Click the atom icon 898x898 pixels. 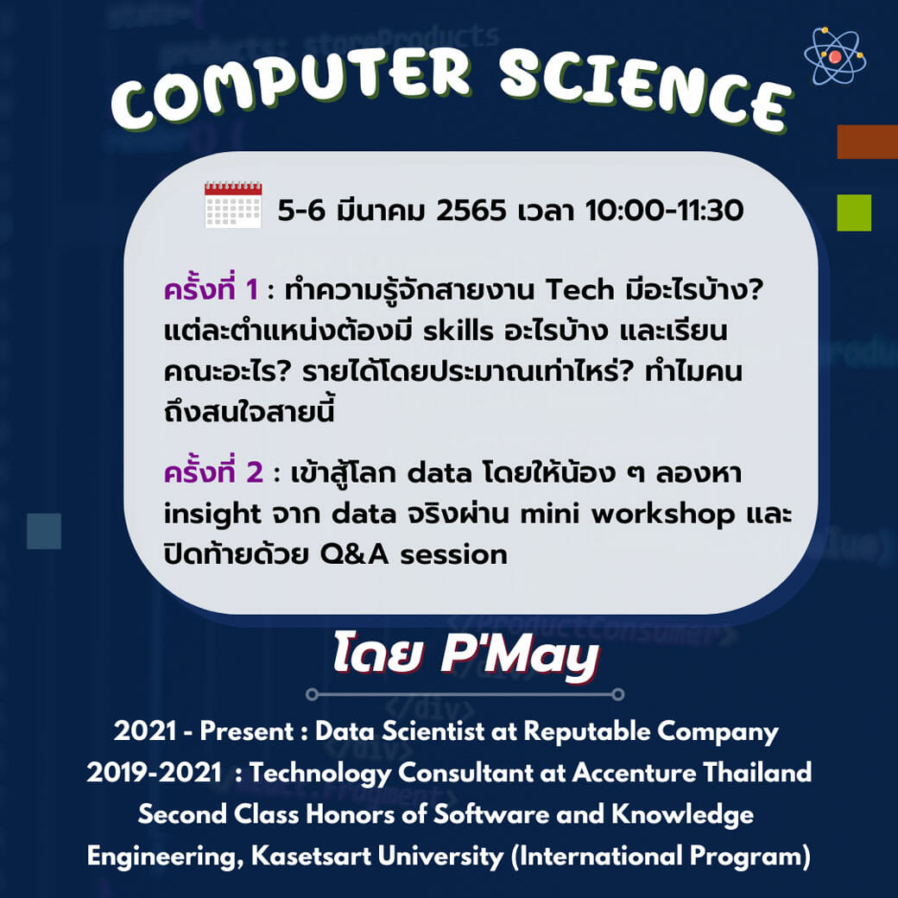coord(835,56)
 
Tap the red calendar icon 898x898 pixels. coord(233,205)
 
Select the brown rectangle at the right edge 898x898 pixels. coord(868,142)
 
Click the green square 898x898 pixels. coord(854,212)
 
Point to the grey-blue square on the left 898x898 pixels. coord(44,531)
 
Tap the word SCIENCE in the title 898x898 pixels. coord(645,90)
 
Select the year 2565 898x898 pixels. coord(471,210)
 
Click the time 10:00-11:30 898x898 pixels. coord(664,210)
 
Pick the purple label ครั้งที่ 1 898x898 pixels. coord(211,288)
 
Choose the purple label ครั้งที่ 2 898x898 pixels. coord(213,472)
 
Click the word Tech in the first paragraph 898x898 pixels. coord(579,290)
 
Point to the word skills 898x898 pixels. coord(458,331)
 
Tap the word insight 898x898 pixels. coord(212,515)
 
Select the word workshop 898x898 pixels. coord(663,515)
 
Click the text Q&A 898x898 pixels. coord(354,555)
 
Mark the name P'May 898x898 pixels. coord(520,653)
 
